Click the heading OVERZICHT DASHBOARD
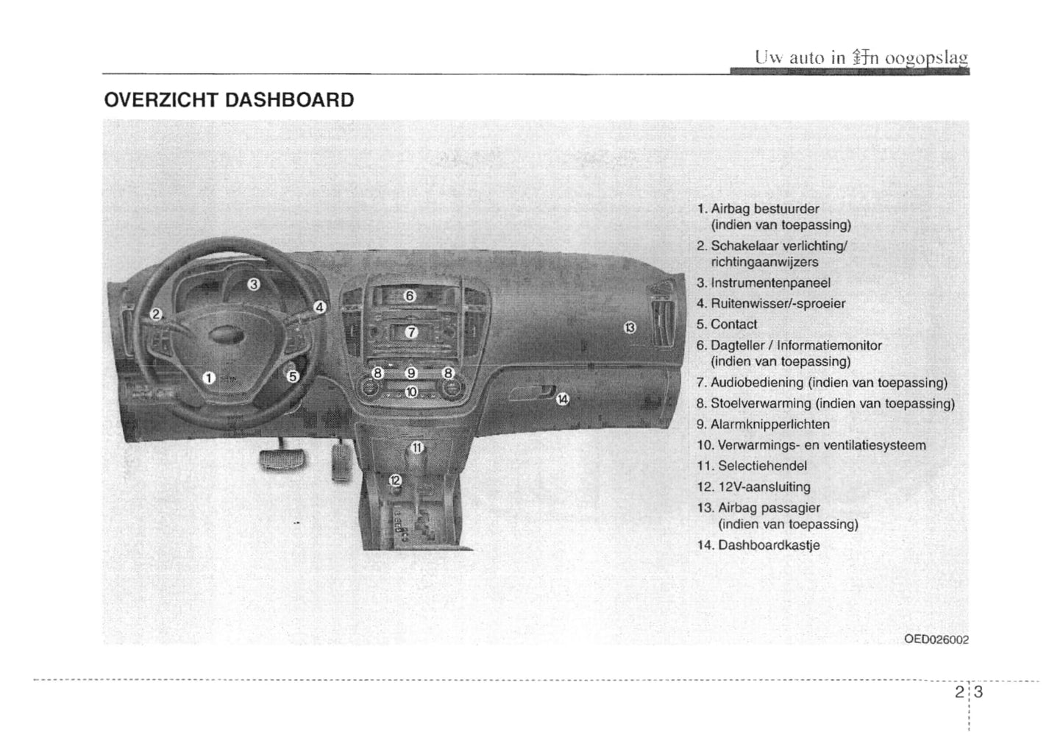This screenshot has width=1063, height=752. coord(229,100)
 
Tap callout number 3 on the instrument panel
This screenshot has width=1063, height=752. coord(253,284)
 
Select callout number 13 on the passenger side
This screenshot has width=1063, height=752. coord(630,327)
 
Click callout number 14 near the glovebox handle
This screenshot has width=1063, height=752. coord(563,399)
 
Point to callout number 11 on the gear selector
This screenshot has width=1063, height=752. coord(416,447)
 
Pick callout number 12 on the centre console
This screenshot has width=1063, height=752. coord(395,480)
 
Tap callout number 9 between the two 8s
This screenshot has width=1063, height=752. coord(412,373)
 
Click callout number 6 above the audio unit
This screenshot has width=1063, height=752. coord(410,296)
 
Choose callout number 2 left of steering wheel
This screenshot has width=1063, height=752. coord(156,314)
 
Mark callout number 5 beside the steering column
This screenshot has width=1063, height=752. coord(293,377)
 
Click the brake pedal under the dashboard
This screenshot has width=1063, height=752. coord(282,460)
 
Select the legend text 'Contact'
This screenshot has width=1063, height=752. coord(733,324)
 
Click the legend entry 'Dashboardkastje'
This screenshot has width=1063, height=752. coord(768,545)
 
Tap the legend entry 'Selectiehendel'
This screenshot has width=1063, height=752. coord(762,466)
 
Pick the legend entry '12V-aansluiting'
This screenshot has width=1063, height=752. coord(764,487)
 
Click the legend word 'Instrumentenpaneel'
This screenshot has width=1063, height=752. coord(770,283)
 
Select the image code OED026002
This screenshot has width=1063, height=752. coord(936,639)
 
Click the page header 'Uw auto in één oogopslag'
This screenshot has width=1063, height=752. coord(860,57)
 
